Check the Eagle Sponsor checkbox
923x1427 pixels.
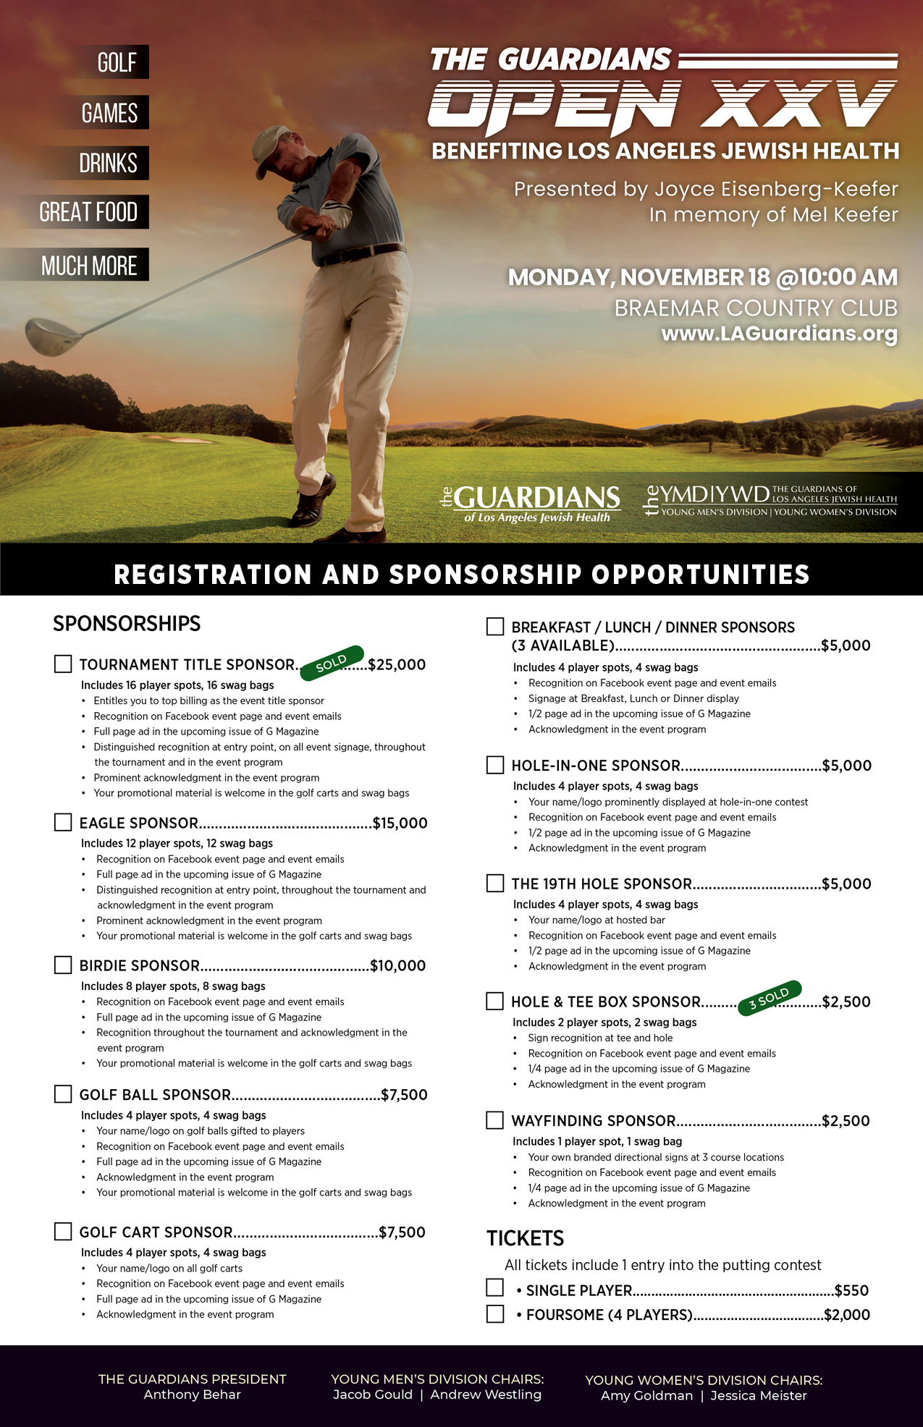[63, 822]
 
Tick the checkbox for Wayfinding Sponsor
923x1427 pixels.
[494, 1120]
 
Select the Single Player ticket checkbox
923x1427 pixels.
[495, 1287]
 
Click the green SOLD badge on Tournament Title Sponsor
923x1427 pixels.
[332, 662]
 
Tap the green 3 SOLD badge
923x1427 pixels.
[770, 998]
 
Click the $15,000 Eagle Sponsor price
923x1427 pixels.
[400, 823]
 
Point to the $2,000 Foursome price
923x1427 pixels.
[847, 1315]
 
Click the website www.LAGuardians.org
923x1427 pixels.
[779, 334]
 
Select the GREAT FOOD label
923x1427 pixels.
[88, 212]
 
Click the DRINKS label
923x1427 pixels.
[108, 163]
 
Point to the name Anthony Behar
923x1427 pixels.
[192, 1394]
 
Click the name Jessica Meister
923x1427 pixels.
[758, 1396]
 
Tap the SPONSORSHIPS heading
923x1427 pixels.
[127, 623]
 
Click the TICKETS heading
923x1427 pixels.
[525, 1238]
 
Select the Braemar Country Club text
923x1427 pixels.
[756, 308]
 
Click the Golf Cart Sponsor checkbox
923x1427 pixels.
[63, 1231]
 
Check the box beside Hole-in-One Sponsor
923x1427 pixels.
[495, 765]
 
